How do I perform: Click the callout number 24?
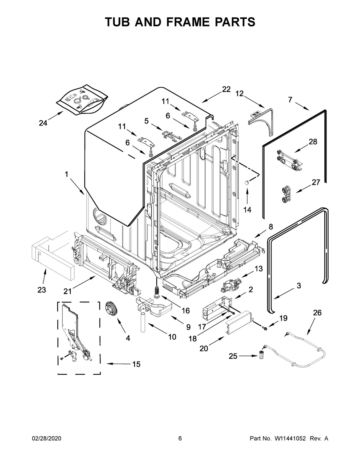pyautogui.click(x=43, y=123)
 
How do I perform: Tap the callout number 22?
pyautogui.click(x=226, y=89)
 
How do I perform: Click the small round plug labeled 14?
pyautogui.click(x=247, y=182)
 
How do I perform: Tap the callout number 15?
pyautogui.click(x=136, y=364)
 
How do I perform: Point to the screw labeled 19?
pyautogui.click(x=265, y=328)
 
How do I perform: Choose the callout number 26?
pyautogui.click(x=317, y=313)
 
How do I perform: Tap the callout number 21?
pyautogui.click(x=67, y=291)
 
